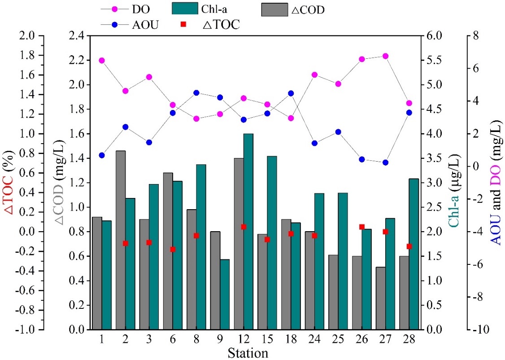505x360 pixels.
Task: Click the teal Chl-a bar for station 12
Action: click(x=248, y=232)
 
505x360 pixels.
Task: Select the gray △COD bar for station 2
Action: click(x=121, y=240)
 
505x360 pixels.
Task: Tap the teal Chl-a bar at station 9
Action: click(x=225, y=294)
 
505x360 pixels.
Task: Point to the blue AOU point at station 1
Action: click(x=102, y=155)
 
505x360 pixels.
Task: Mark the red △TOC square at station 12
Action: click(x=244, y=227)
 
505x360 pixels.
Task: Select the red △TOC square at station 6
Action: click(x=173, y=249)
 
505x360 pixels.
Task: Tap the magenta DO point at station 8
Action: click(x=196, y=119)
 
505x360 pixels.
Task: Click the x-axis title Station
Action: click(x=248, y=353)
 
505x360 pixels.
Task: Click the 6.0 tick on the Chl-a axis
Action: click(x=434, y=36)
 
